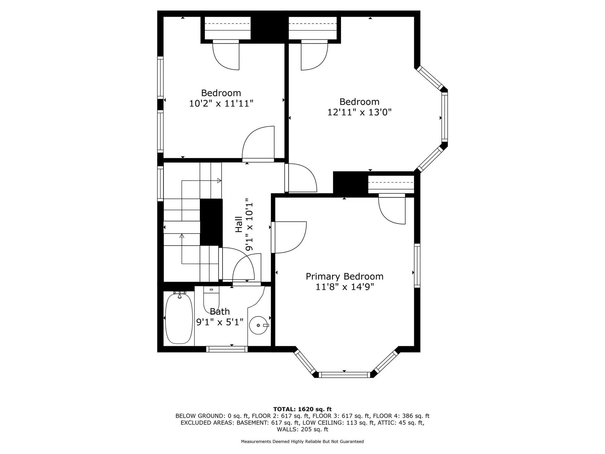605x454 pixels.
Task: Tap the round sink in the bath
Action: click(259, 325)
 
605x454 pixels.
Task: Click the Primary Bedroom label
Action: click(344, 276)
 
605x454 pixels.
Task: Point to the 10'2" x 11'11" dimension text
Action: click(221, 103)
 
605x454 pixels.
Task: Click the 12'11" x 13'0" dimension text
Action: click(359, 112)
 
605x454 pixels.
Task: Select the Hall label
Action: click(239, 224)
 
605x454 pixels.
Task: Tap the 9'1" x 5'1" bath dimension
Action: click(220, 322)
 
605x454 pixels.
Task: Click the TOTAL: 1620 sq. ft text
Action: click(302, 409)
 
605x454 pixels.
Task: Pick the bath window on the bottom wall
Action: click(227, 349)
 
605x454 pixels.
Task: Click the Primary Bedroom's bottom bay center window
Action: click(344, 375)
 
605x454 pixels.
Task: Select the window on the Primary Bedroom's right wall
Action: click(417, 265)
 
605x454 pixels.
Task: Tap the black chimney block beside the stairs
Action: click(211, 222)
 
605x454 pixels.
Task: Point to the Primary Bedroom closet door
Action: click(392, 210)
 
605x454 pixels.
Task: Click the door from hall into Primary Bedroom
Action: click(288, 237)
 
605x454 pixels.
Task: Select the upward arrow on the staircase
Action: click(182, 236)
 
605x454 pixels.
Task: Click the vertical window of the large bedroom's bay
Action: click(444, 117)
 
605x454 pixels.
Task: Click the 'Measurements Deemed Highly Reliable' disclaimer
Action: click(302, 441)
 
